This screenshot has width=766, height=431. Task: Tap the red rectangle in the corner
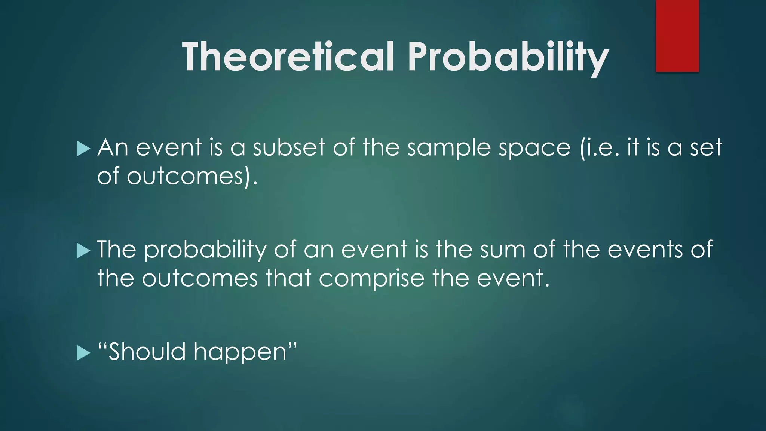tap(677, 36)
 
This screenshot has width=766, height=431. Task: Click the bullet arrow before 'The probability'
tap(83, 251)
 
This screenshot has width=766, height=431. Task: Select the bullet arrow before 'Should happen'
tap(83, 353)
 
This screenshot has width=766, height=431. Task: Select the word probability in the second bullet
tap(205, 250)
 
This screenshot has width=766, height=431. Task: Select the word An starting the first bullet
tap(113, 147)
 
